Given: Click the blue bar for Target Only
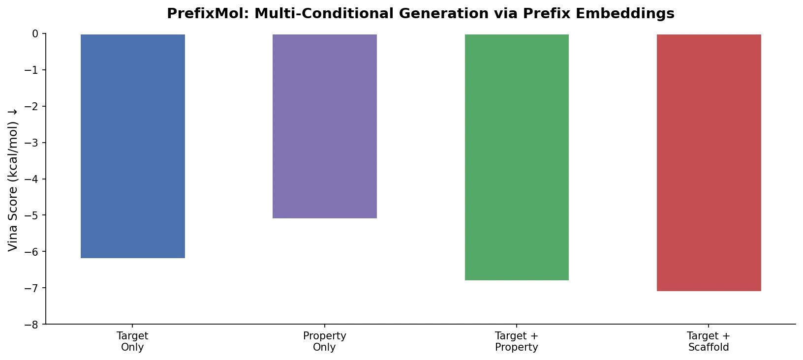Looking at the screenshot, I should click(x=132, y=146).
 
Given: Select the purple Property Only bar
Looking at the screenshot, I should click(x=325, y=126).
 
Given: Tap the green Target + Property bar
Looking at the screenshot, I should click(x=517, y=157).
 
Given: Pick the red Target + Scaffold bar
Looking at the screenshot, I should click(x=709, y=162).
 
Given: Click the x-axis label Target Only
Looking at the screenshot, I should click(x=132, y=342).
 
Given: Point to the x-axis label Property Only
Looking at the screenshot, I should click(x=325, y=342).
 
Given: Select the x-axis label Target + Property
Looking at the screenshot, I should click(x=517, y=342).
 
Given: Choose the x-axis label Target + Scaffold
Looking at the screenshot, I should click(x=709, y=342).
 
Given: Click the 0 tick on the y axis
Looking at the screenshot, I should click(x=35, y=34).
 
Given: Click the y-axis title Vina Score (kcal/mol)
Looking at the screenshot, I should click(x=13, y=180).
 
